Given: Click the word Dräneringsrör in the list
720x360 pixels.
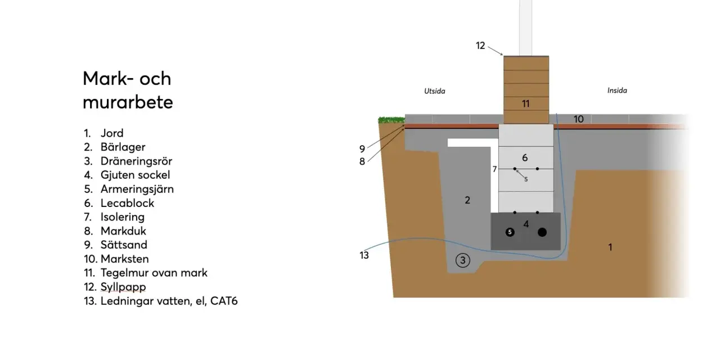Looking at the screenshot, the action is (136, 161).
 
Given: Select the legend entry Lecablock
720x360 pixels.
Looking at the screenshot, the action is (127, 203).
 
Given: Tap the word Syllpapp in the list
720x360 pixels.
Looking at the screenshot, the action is (123, 287).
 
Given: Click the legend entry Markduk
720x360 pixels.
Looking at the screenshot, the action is (123, 231).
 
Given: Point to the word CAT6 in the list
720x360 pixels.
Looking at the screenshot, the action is (224, 301).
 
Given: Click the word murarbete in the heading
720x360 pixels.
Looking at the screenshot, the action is (128, 103).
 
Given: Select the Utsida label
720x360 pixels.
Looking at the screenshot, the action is (435, 91).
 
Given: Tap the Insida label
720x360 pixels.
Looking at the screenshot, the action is (617, 91).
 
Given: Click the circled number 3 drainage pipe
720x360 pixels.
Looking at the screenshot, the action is (463, 260).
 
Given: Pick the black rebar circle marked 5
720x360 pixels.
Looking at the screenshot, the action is (510, 232).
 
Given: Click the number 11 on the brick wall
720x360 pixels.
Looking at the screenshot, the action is (525, 104).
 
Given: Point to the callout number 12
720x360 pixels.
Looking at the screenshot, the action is (480, 46).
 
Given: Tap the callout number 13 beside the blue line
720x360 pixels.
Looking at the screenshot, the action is (364, 255).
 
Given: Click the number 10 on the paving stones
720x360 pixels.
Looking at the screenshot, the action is (579, 119).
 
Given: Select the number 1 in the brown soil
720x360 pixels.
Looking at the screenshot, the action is (610, 247).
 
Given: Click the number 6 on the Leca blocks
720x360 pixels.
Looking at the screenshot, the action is (525, 158).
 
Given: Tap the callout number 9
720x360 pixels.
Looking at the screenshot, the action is (362, 149).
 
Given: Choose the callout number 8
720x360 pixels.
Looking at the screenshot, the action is (362, 161).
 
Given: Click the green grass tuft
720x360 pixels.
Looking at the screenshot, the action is (391, 120).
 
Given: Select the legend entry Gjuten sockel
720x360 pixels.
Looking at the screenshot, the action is (135, 175).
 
